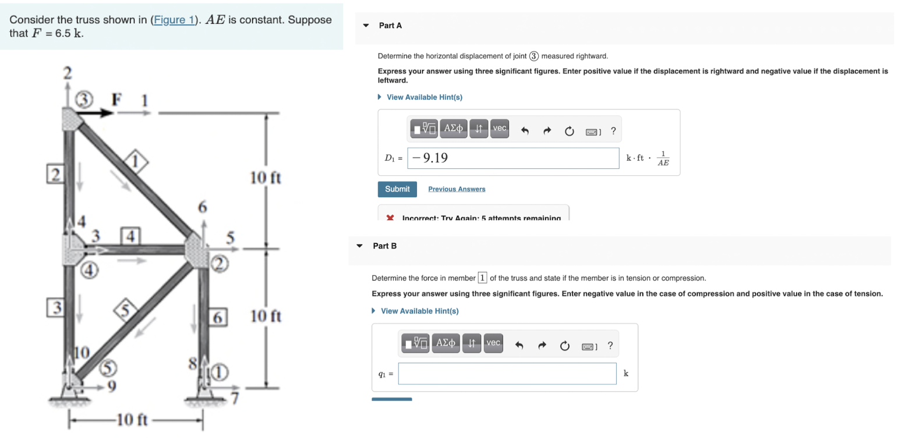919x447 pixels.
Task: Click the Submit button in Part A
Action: [x=397, y=189]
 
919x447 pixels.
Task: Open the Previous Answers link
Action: [x=457, y=189]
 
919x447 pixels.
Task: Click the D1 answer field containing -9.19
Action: [x=512, y=158]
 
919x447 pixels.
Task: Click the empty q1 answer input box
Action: [x=507, y=374]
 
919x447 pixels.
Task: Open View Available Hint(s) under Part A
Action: [x=424, y=97]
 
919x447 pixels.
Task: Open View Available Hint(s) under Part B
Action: [x=419, y=311]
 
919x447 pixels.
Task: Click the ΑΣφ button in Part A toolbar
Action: [x=453, y=129]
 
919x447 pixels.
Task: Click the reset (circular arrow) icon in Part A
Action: [x=569, y=132]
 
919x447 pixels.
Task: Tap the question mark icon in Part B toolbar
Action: [x=610, y=346]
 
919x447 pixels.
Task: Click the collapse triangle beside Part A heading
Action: [x=366, y=26]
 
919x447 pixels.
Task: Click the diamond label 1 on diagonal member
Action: [x=135, y=161]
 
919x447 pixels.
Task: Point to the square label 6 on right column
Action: [x=218, y=317]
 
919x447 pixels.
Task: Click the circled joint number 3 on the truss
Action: [x=84, y=100]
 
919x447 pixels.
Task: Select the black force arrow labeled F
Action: [x=96, y=113]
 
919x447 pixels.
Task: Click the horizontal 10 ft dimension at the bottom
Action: [x=133, y=420]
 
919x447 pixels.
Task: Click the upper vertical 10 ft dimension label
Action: [x=266, y=177]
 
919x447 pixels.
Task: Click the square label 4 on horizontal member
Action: [x=130, y=236]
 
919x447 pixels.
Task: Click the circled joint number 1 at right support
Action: [x=219, y=372]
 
